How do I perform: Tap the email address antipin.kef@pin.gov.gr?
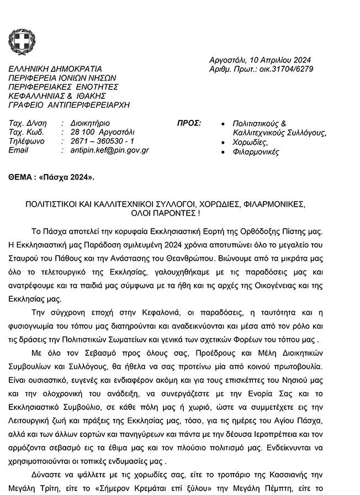(x=110, y=150)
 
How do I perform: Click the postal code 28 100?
(x=82, y=132)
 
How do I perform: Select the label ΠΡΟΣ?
(x=189, y=123)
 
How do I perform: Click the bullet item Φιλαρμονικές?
(x=256, y=152)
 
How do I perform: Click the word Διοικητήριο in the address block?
(x=91, y=123)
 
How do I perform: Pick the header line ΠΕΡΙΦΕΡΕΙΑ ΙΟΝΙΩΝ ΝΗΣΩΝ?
(x=62, y=78)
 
